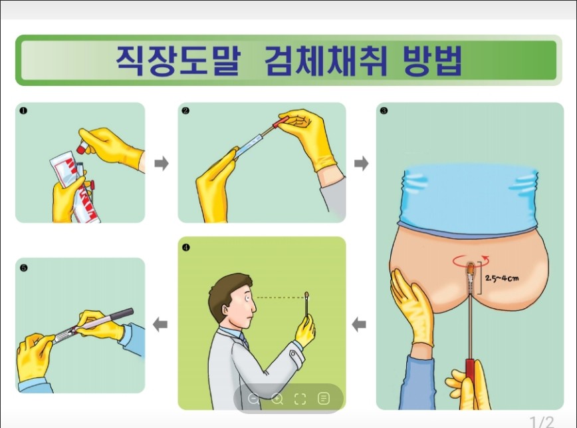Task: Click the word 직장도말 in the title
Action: [178, 61]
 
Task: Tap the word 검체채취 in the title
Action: [326, 61]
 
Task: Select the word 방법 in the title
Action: [433, 61]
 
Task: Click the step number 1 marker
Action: [23, 110]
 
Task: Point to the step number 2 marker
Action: [185, 110]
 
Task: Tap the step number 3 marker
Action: [384, 110]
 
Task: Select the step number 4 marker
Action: [186, 247]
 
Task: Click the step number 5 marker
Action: [23, 268]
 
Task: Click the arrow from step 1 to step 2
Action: [162, 163]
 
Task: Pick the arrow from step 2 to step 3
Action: [361, 163]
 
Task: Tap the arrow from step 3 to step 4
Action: [359, 325]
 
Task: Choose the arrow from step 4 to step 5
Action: [160, 325]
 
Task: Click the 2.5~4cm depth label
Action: [502, 278]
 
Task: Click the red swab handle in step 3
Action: [471, 383]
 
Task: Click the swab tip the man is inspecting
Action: [306, 295]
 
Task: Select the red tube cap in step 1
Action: [81, 148]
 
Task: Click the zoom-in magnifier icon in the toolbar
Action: [277, 399]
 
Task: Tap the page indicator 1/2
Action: [542, 422]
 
